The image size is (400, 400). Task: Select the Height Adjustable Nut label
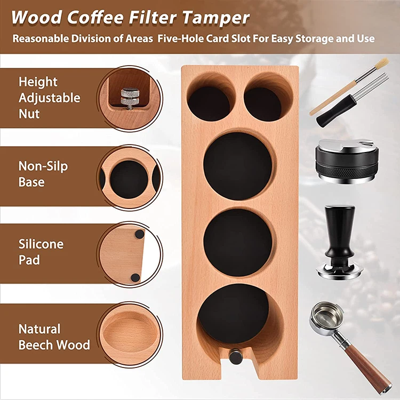pyautogui.click(x=49, y=98)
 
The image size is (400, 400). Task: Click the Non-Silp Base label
pyautogui.click(x=43, y=174)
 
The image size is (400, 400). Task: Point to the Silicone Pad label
pyautogui.click(x=41, y=252)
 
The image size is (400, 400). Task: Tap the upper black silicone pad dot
pyautogui.click(x=139, y=234)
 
